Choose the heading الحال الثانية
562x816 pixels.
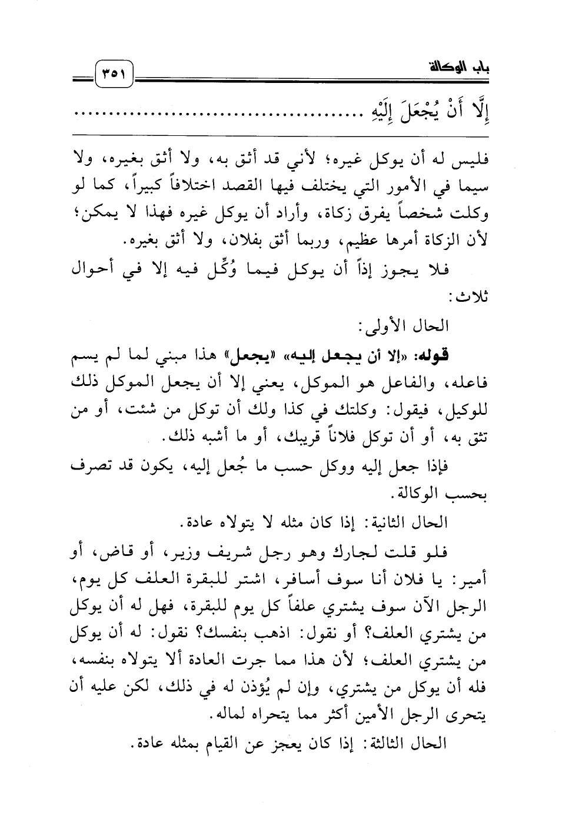pos(412,522)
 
